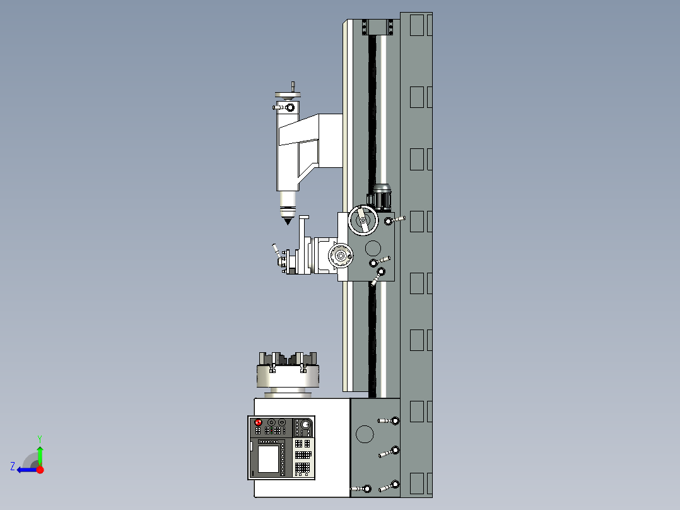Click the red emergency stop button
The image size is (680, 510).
[257, 422]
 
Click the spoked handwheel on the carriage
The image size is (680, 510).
[364, 221]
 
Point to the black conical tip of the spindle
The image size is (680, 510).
[287, 220]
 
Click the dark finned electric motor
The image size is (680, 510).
[381, 197]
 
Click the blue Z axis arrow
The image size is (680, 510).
[26, 470]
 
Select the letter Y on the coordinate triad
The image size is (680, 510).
[39, 437]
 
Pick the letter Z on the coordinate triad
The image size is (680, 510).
[13, 466]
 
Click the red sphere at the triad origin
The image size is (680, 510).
[40, 470]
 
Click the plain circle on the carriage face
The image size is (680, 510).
[373, 247]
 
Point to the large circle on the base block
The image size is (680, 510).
[365, 434]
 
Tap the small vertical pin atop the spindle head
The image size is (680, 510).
[293, 86]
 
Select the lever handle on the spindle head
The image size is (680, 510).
[282, 107]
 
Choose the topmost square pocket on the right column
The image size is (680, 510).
[417, 25]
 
